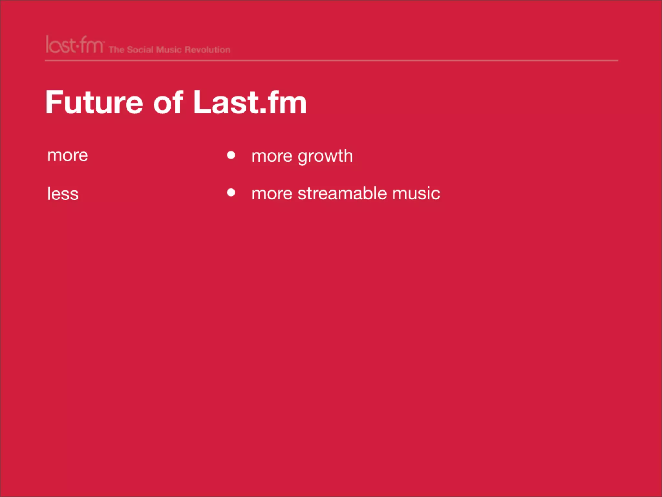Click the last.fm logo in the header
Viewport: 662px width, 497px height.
tap(74, 45)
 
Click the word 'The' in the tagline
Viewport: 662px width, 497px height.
tap(116, 50)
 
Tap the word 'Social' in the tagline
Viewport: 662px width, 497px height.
tap(140, 50)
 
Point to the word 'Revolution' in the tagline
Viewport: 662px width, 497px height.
tap(208, 50)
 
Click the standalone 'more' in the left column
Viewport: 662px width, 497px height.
tap(68, 156)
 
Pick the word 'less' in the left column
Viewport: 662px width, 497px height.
tap(63, 194)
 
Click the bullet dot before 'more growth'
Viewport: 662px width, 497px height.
tap(231, 155)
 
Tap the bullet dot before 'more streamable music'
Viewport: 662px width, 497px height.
tap(231, 193)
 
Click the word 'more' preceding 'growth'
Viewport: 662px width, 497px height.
tap(272, 156)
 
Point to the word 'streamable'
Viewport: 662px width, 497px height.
tap(342, 193)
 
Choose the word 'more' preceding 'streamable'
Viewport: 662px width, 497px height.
tap(272, 194)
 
